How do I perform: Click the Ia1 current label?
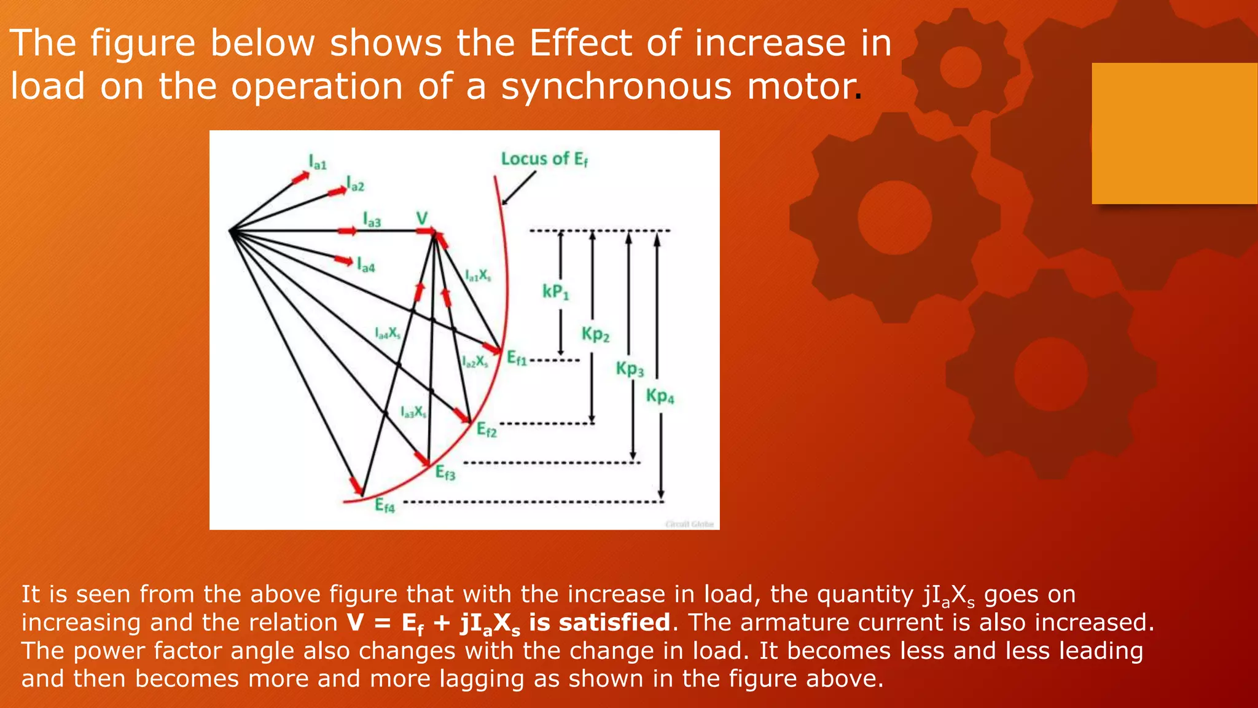click(318, 163)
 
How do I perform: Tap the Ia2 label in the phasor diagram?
click(356, 184)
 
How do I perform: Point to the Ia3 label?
click(372, 220)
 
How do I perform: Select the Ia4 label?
click(366, 265)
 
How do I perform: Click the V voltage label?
click(422, 218)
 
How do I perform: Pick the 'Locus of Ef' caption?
click(544, 159)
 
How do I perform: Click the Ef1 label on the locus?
click(517, 358)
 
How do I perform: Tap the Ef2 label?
click(486, 430)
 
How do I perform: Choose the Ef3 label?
click(445, 473)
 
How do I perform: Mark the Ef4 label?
click(385, 506)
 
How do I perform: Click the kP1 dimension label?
click(555, 292)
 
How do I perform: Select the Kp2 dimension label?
click(595, 335)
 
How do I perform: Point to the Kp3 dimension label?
click(630, 369)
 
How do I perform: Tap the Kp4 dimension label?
click(660, 396)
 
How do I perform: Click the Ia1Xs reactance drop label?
click(477, 275)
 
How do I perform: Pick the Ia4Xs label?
click(388, 334)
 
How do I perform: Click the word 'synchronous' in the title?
click(616, 86)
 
